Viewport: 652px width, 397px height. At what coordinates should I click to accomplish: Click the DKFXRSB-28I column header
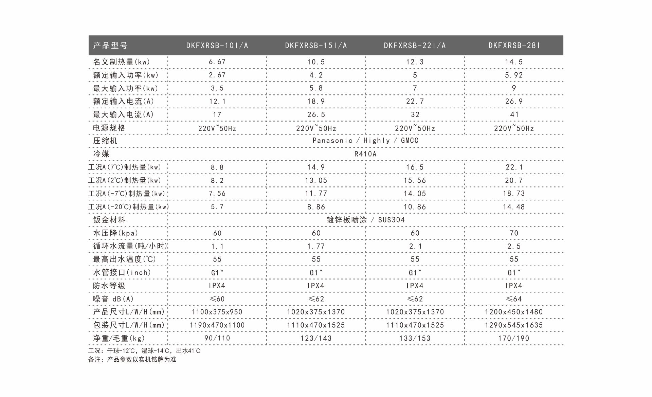(514, 46)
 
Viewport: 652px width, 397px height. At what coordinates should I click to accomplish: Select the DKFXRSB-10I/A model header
(217, 46)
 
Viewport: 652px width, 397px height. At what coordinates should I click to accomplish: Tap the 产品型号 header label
(110, 46)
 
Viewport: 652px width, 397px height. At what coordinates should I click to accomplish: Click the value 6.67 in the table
(217, 62)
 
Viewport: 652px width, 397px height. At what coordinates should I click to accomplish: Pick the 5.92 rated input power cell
(514, 75)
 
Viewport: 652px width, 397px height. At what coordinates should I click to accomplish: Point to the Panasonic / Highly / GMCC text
(365, 141)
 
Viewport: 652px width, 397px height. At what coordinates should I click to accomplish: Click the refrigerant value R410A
(365, 154)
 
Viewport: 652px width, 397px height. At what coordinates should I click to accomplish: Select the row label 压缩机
(105, 141)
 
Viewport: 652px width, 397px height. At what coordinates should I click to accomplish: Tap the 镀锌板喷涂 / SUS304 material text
(365, 220)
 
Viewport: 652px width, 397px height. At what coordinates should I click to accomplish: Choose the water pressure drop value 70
(514, 233)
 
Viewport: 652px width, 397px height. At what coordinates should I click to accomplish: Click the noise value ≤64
(514, 299)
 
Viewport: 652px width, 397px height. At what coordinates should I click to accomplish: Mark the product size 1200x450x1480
(514, 312)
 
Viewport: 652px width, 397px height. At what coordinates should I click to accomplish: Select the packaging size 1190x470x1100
(217, 325)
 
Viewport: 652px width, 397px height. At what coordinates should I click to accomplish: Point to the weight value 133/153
(415, 338)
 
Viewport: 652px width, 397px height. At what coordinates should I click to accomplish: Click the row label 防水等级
(109, 286)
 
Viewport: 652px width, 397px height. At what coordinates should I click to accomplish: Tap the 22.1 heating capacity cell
(514, 167)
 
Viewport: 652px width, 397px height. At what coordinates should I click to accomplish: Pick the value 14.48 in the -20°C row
(514, 207)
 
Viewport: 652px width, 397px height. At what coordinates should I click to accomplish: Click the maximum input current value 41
(514, 114)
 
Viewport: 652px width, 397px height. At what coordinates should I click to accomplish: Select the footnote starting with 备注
(132, 359)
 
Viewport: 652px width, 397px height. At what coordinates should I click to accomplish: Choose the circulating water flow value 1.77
(316, 246)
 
